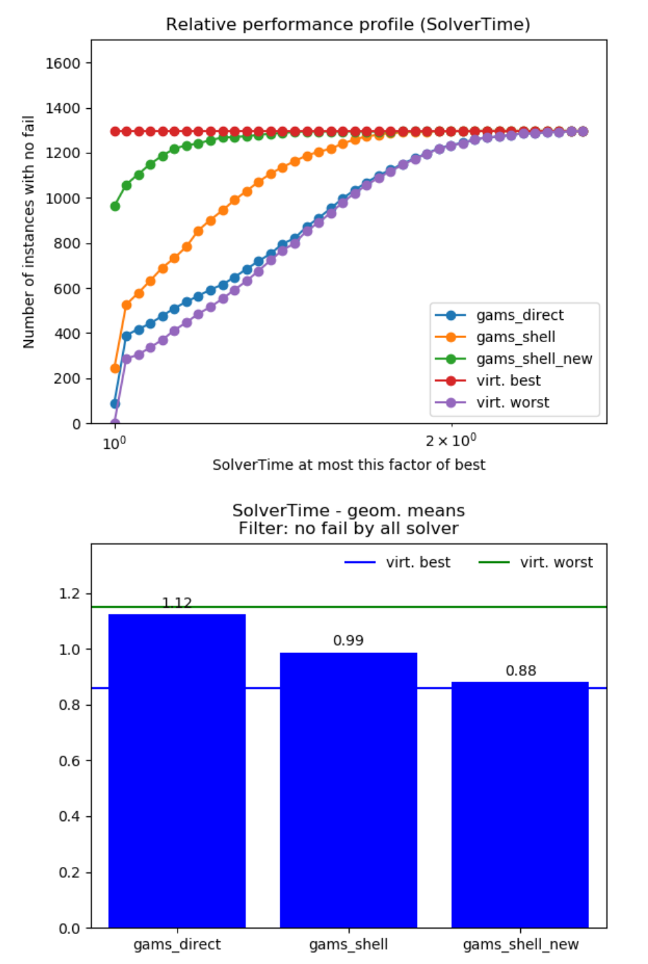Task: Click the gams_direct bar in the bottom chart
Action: coord(177,770)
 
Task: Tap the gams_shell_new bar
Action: coord(520,804)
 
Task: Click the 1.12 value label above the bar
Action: coord(177,602)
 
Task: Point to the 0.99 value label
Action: coord(348,641)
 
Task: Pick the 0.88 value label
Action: coord(520,670)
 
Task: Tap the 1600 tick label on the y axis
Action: coord(62,63)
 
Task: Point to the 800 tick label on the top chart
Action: coord(67,244)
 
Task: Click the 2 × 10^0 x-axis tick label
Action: coord(451,441)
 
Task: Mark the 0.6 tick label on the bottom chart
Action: coord(69,761)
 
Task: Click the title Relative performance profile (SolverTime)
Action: coord(348,24)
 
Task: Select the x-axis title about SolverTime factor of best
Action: coord(348,464)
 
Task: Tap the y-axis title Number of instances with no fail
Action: coord(28,232)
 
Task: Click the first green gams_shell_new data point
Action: coord(115,206)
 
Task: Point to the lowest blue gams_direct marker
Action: coord(115,403)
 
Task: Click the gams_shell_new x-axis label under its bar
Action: coord(520,944)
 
